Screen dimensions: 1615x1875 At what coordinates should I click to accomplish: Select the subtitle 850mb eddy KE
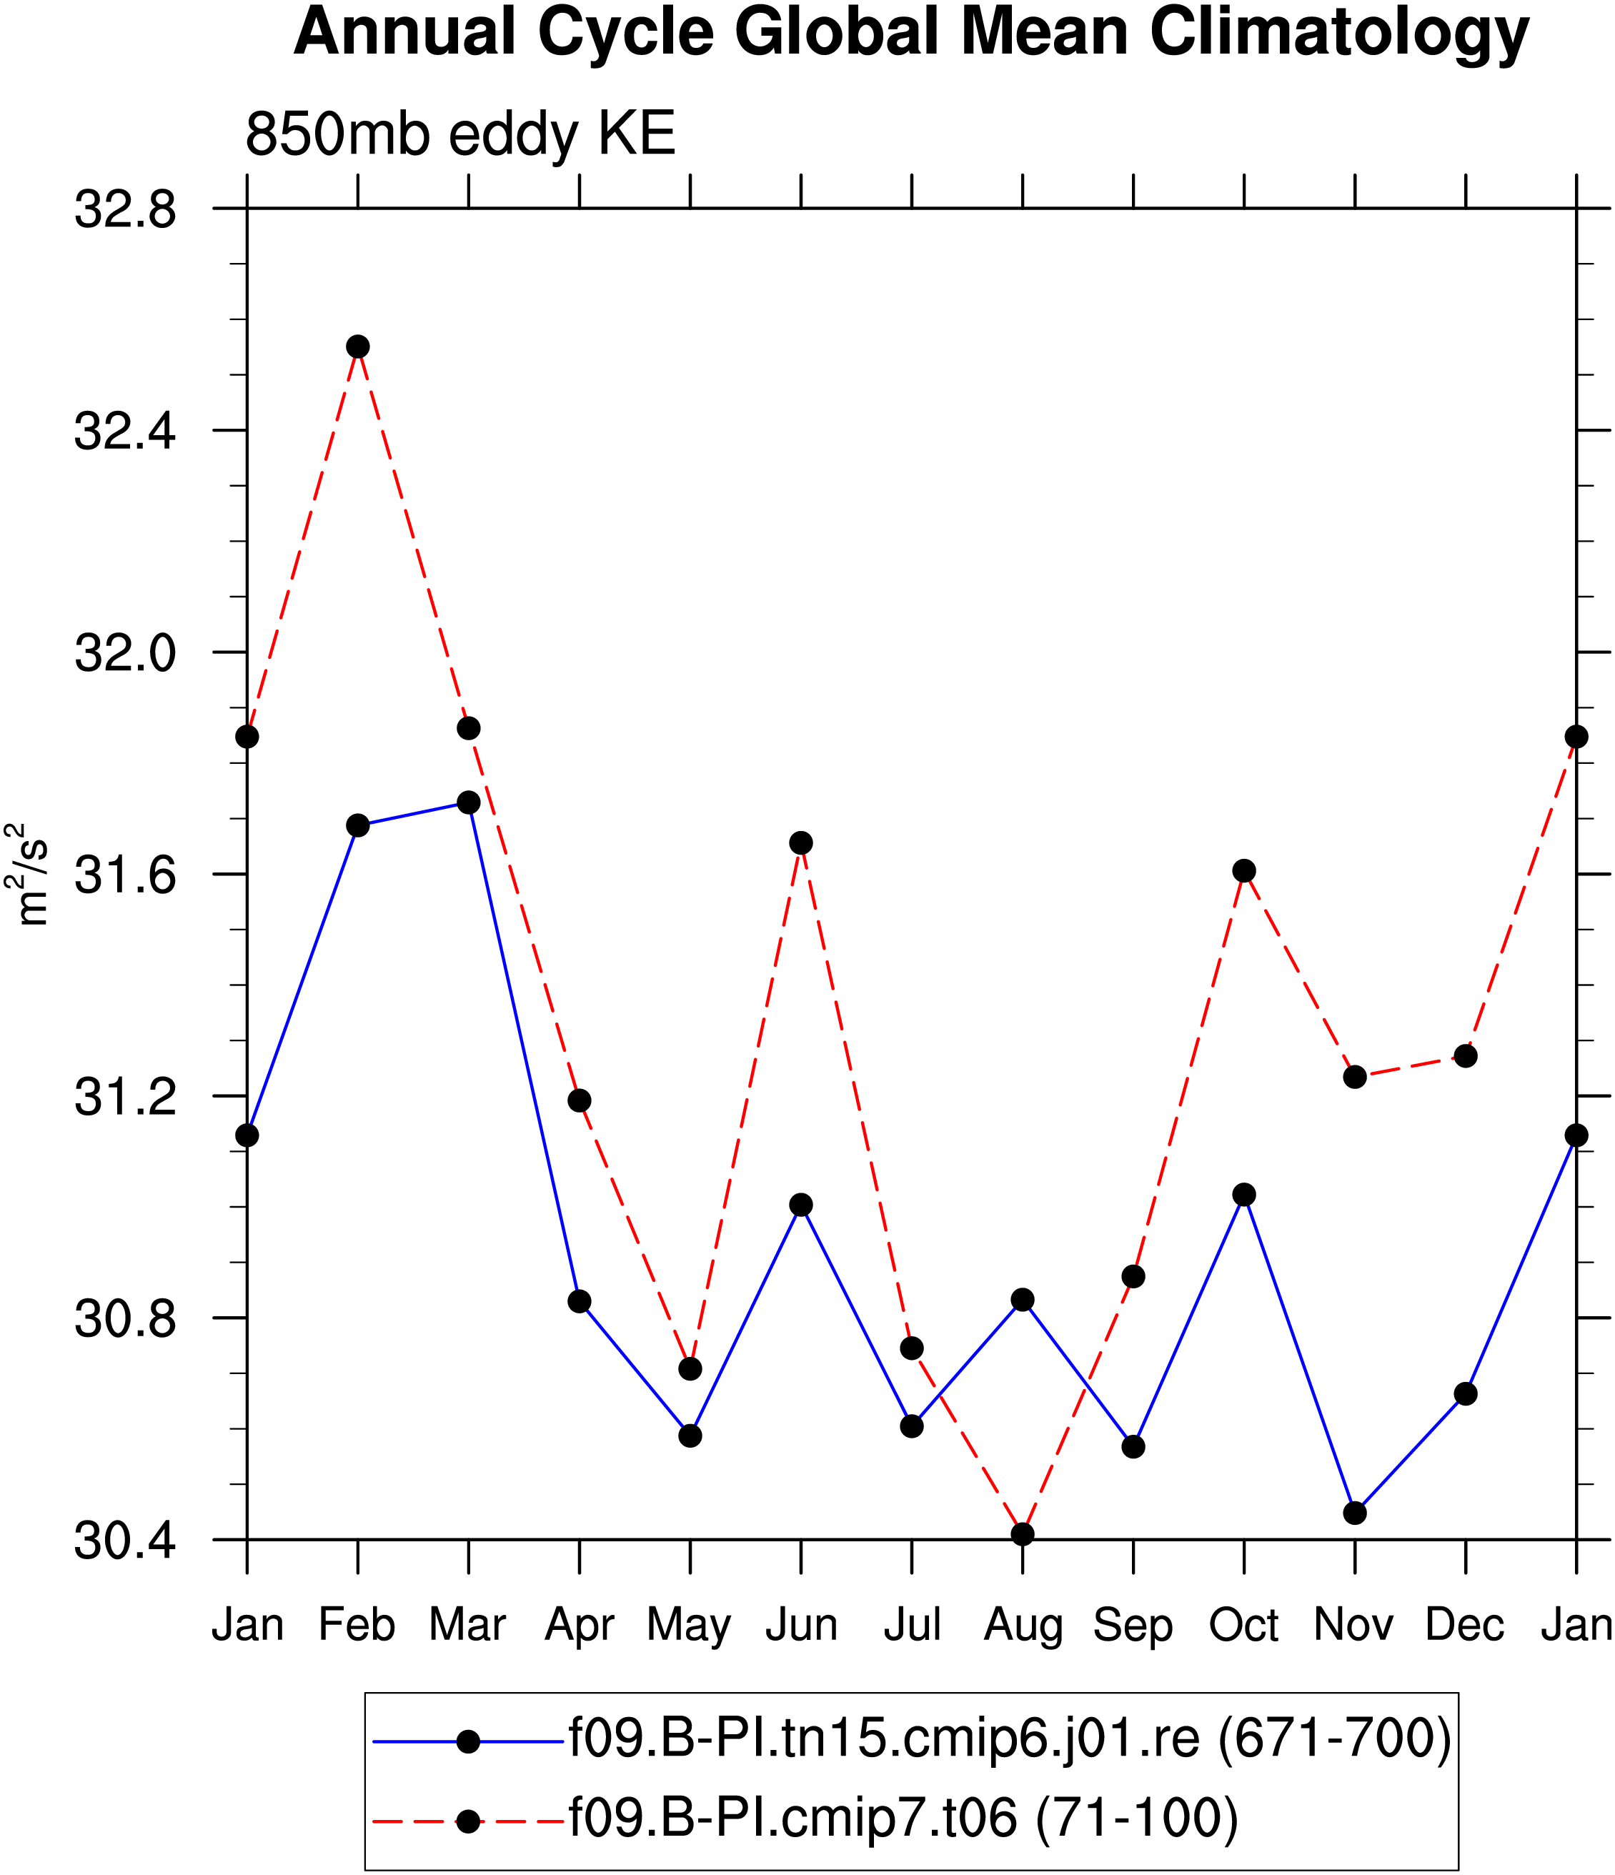pos(460,136)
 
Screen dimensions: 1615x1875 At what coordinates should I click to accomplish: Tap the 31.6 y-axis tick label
pos(125,874)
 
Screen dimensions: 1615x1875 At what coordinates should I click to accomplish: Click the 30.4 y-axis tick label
pos(125,1539)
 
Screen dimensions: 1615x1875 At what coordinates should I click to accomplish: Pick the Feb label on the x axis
pos(357,1625)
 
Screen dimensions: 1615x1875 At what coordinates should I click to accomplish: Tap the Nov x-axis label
pos(1354,1625)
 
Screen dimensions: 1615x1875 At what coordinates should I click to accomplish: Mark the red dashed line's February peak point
pos(357,347)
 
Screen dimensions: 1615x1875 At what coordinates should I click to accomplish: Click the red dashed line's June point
pos(801,842)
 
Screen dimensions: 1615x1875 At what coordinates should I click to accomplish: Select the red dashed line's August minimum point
pos(1023,1534)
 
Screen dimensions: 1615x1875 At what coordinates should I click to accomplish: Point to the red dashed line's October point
pos(1244,870)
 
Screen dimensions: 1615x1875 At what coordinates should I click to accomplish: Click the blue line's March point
pos(469,802)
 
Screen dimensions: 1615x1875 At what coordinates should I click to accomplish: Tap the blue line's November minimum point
pos(1354,1513)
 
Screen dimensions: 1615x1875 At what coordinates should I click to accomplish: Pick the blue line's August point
pos(1023,1300)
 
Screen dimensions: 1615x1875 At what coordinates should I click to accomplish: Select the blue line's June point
pos(801,1205)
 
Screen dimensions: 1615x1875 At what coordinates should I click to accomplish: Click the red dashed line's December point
pos(1466,1056)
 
